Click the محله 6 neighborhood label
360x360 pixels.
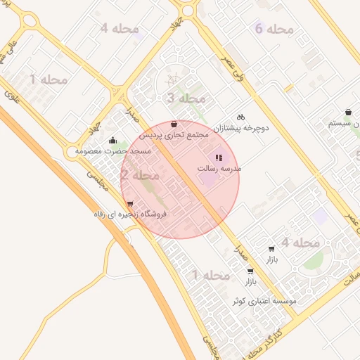pos(274,29)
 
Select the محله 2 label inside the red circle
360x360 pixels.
pos(139,175)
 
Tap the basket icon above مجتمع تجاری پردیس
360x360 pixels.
pos(174,124)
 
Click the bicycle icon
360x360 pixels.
pos(240,117)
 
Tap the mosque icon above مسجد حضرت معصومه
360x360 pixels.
pos(113,141)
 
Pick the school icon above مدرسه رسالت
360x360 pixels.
pos(218,157)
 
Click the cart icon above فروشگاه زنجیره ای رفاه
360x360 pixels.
pos(129,203)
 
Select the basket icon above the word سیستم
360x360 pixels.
pos(349,112)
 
